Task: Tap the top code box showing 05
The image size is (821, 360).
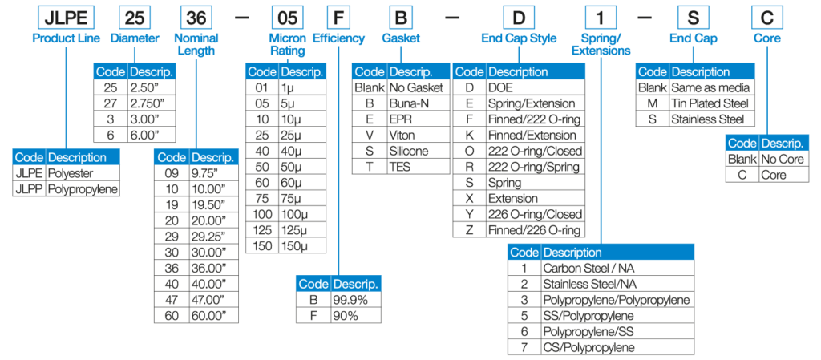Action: coord(287,18)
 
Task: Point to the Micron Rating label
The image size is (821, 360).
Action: coord(287,45)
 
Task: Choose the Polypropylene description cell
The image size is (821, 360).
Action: coord(83,189)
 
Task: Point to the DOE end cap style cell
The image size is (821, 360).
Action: coord(536,87)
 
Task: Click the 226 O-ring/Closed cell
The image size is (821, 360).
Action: coord(536,214)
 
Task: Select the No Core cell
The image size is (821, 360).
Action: coord(782,158)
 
